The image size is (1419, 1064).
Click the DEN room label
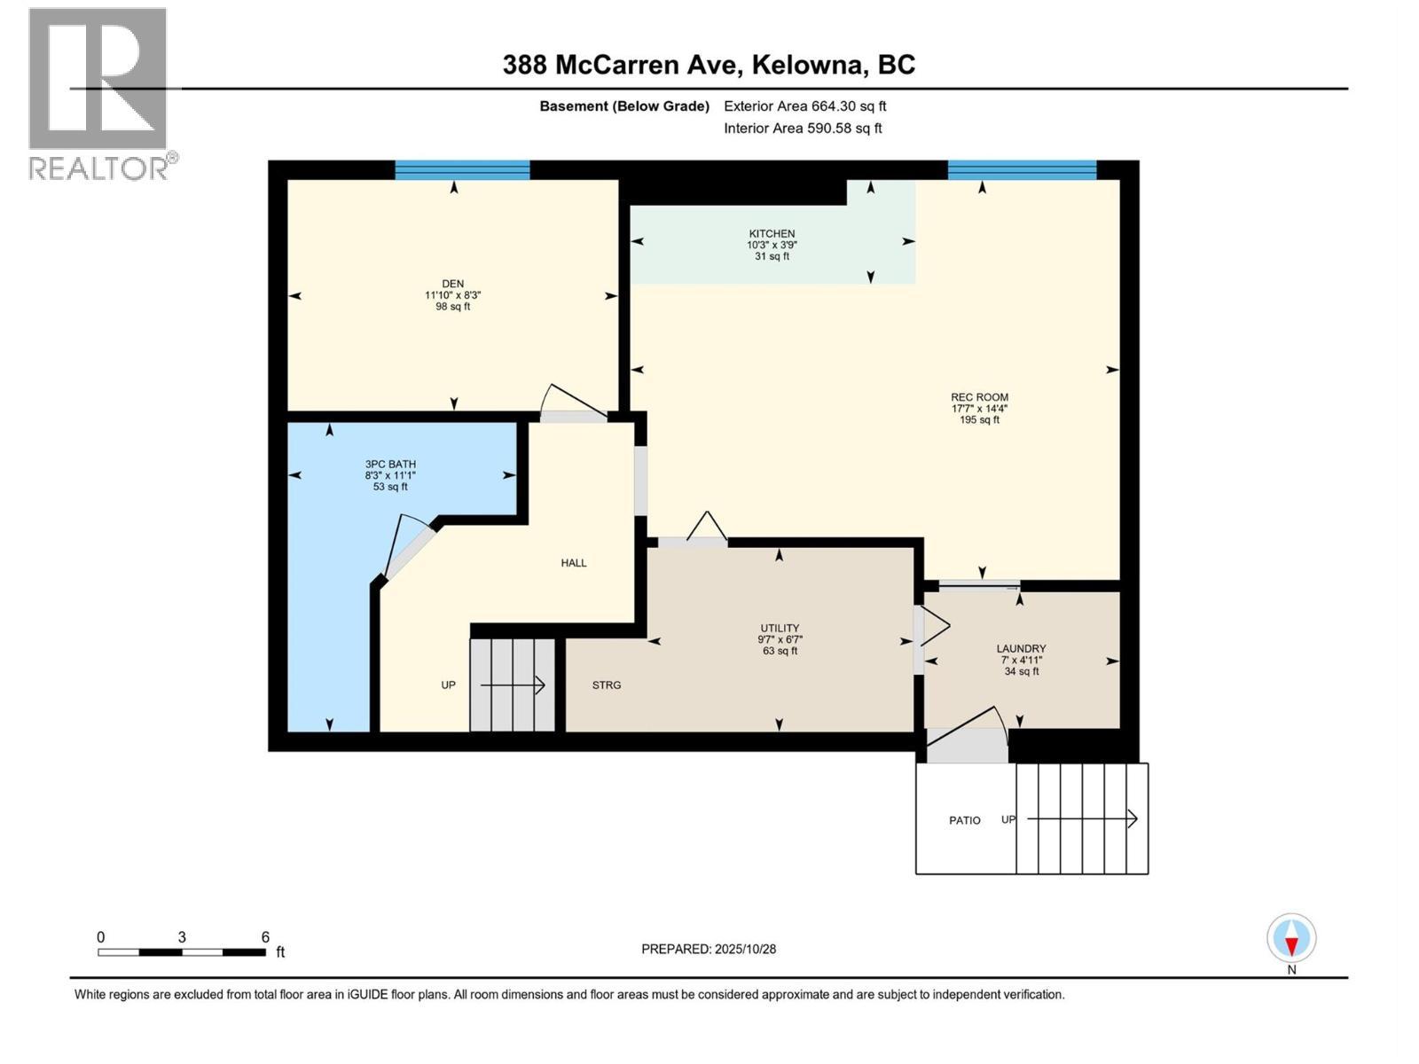(452, 284)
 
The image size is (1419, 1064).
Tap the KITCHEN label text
(772, 234)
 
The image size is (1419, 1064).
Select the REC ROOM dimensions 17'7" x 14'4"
(979, 409)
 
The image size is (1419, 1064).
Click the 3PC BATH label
(390, 464)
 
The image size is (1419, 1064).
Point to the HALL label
(574, 563)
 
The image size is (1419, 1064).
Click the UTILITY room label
(780, 628)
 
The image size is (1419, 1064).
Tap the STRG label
(607, 685)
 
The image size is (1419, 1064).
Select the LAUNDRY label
(1021, 648)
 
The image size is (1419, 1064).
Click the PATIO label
(964, 820)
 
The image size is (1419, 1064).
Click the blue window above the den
(462, 170)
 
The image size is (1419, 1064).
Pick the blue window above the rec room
(1022, 170)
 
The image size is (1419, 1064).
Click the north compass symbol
(1291, 939)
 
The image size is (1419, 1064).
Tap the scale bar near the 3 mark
(182, 952)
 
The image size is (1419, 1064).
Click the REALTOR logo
(98, 93)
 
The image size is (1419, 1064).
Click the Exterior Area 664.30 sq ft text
(804, 106)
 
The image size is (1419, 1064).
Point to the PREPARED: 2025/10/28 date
(709, 949)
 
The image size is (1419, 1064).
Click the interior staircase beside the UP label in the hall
(513, 685)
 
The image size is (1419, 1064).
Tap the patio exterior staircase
(1082, 818)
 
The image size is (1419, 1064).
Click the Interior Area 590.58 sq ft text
(803, 128)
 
